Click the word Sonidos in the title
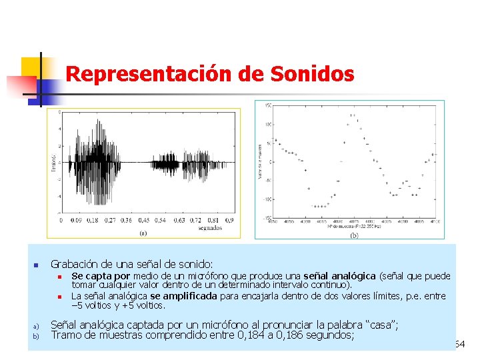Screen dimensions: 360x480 tap(312, 74)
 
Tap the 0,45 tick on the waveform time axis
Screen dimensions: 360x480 tap(143, 219)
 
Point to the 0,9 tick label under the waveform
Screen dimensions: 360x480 tap(229, 219)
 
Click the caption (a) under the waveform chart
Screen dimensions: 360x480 tap(143, 233)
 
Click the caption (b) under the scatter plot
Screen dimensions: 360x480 tap(354, 235)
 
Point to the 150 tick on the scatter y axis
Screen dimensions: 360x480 tap(267, 105)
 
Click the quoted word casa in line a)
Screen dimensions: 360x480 tap(378, 325)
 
